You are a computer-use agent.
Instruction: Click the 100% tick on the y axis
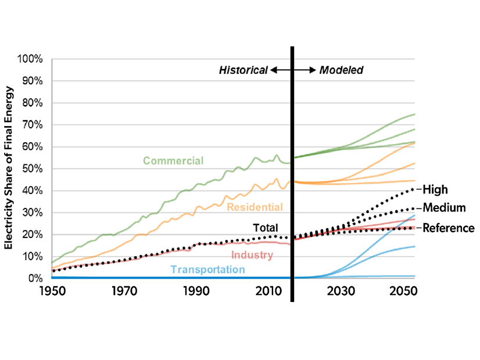coord(31,59)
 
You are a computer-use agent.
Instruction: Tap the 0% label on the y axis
coord(35,278)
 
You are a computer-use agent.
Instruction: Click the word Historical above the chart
coord(243,70)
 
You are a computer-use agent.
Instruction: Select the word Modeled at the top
coord(341,70)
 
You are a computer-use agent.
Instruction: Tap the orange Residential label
coord(255,207)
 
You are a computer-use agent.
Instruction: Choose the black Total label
coord(265,228)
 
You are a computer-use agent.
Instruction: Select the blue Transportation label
coord(208,269)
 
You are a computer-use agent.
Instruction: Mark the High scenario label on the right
coord(435,189)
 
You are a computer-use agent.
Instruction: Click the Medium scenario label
coord(444,207)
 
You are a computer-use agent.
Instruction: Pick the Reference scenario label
coord(448,228)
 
